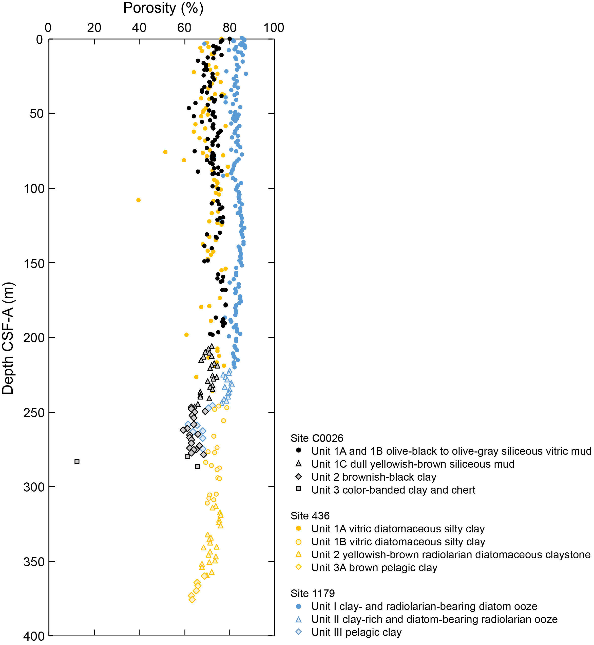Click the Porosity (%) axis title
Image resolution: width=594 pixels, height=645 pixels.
pos(163,8)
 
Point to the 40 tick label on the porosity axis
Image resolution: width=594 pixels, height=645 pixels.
pos(139,28)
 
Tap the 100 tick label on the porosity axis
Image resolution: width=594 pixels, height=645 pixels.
pos(274,28)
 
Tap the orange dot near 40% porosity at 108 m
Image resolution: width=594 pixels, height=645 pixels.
pos(139,200)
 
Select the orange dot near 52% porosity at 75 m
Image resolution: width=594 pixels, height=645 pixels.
pos(165,152)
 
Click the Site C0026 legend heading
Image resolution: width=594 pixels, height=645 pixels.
pos(317,438)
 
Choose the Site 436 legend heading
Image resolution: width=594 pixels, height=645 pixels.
pos(310,516)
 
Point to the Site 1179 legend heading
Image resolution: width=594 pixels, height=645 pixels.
pos(312,593)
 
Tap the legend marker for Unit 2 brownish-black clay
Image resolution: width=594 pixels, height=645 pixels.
pos(299,476)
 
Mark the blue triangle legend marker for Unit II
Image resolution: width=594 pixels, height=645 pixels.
pos(299,619)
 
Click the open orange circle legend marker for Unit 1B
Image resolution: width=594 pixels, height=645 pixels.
pos(299,542)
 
